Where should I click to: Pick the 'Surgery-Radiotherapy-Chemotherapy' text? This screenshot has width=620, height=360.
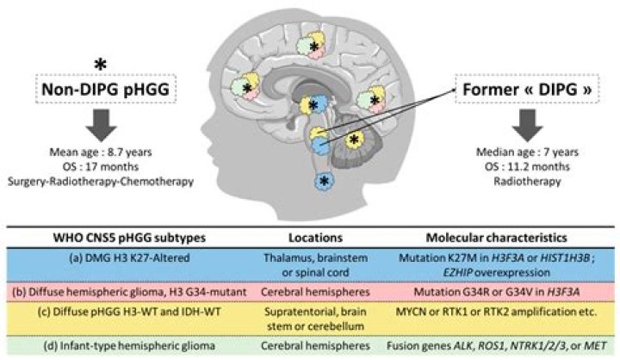pyautogui.click(x=105, y=183)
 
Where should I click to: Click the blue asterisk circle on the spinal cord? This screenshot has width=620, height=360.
pyautogui.click(x=324, y=180)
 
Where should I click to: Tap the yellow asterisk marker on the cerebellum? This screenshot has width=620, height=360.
pyautogui.click(x=353, y=138)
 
